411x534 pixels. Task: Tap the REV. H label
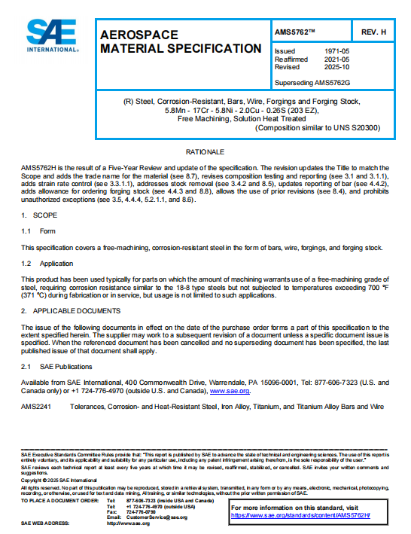tap(374, 32)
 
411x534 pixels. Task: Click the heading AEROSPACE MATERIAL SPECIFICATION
tap(181, 42)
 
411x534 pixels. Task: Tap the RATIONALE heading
tap(205, 152)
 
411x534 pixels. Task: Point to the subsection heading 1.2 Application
tap(47, 263)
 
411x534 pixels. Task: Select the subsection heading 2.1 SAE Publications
tap(56, 366)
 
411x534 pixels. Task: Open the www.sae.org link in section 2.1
tap(229, 390)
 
